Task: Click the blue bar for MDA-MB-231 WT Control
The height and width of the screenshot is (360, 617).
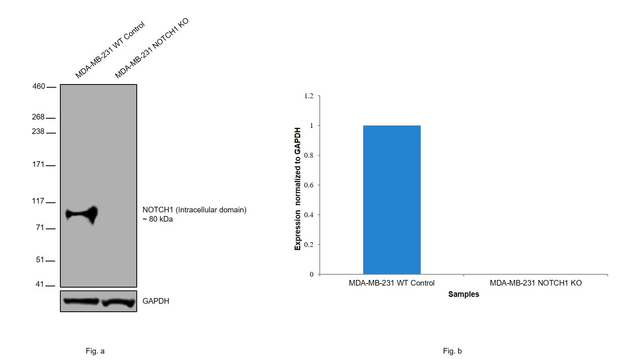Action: click(392, 200)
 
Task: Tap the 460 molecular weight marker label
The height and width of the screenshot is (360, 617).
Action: click(39, 86)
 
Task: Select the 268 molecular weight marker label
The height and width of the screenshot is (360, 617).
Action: click(38, 117)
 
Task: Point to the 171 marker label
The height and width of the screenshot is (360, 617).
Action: click(38, 164)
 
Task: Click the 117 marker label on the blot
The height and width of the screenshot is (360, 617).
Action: click(38, 201)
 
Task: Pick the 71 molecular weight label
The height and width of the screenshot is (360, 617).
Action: click(40, 228)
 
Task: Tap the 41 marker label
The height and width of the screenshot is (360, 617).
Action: click(40, 284)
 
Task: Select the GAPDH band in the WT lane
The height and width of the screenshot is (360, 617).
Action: click(81, 301)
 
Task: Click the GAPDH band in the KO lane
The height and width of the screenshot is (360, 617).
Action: click(118, 302)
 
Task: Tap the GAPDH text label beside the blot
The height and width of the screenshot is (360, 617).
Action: click(156, 301)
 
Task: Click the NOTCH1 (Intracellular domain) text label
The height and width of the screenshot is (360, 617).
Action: click(194, 210)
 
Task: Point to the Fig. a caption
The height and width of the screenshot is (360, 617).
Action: click(95, 351)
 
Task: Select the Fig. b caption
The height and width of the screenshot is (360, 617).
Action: click(452, 351)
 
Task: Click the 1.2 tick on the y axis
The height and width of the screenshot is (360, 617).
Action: click(308, 96)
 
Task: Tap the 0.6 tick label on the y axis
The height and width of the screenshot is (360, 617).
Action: click(308, 185)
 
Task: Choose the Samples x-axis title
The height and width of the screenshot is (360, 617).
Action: click(463, 294)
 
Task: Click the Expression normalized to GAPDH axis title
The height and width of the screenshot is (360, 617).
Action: click(298, 189)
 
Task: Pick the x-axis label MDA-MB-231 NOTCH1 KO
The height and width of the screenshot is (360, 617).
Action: click(535, 283)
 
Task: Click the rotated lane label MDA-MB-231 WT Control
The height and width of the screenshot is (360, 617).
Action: click(110, 50)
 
